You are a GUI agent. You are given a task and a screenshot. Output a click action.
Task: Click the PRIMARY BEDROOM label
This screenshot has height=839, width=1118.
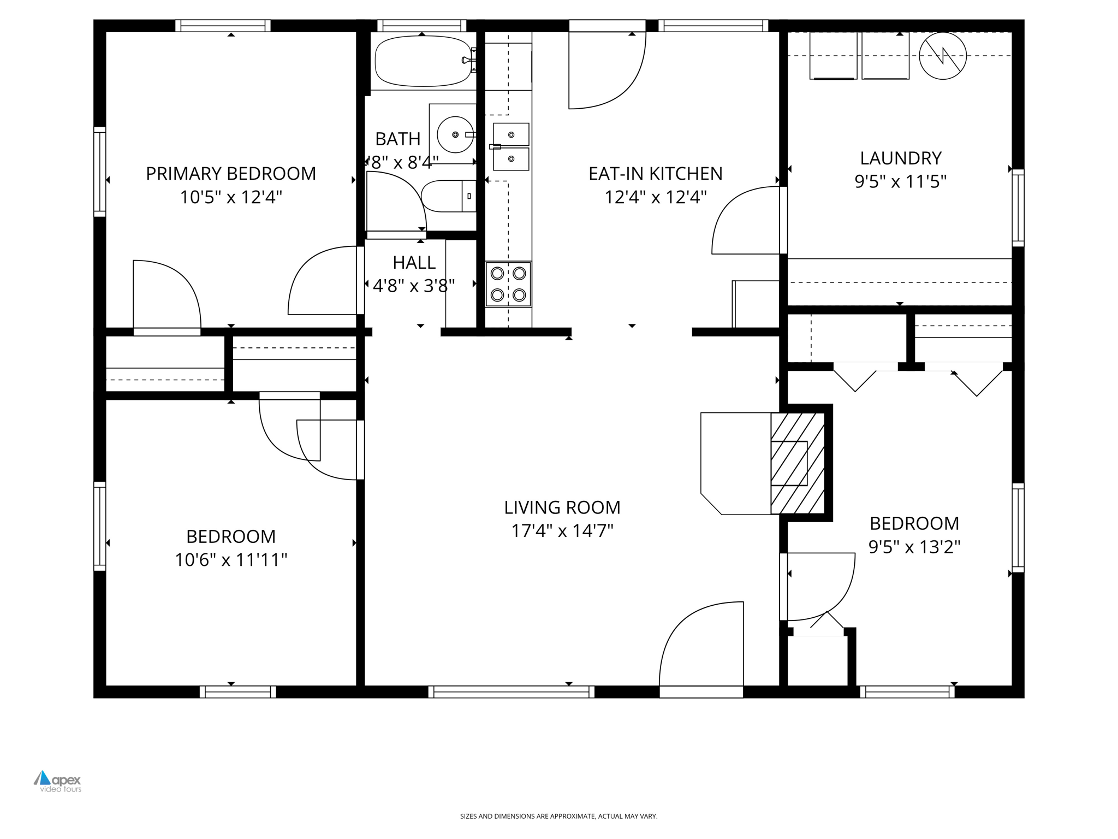pos(230,174)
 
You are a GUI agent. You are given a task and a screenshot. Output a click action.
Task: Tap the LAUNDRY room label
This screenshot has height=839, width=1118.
pos(900,158)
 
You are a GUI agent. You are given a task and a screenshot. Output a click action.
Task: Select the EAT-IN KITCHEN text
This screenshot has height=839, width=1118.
pos(655,174)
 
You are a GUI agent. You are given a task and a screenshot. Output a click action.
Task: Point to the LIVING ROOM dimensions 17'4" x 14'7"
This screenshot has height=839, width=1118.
pos(562,531)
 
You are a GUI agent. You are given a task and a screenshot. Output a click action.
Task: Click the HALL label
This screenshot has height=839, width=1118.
pos(414,263)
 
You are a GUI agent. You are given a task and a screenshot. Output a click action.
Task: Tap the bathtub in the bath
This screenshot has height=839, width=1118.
pos(422,61)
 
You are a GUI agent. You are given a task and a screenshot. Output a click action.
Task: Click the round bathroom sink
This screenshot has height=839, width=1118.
pos(455,134)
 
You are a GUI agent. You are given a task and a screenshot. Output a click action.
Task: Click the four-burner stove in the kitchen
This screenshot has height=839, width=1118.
pos(508,284)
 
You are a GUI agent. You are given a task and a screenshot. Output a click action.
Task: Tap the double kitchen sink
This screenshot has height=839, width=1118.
pos(511,146)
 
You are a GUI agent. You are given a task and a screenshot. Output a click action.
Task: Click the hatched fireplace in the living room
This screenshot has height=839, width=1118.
pos(797,463)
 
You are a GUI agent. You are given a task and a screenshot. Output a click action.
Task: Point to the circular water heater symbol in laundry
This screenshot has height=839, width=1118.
pos(942,56)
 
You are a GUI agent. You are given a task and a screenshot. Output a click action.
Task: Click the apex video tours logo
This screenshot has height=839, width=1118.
pos(58,781)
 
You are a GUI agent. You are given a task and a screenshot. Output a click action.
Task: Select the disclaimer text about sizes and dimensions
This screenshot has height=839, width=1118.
pos(558,816)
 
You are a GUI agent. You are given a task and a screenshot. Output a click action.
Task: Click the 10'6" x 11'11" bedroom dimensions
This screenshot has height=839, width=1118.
pos(230,560)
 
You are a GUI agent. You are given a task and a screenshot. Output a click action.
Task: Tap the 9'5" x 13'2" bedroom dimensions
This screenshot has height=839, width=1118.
pos(914,547)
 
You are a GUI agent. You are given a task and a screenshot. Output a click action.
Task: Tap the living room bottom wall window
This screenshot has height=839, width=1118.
pos(512,692)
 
